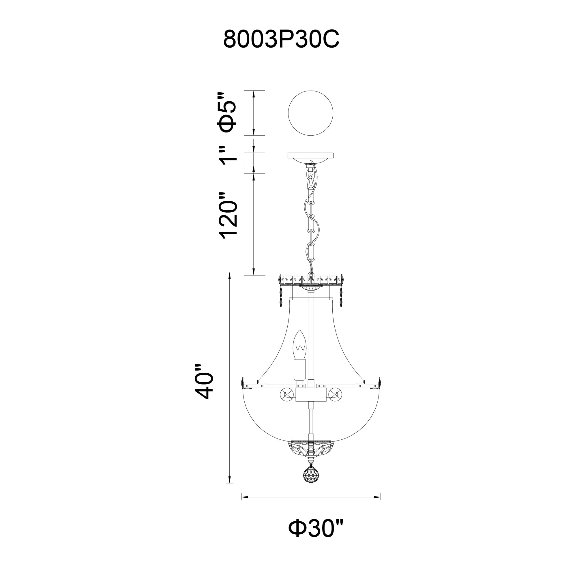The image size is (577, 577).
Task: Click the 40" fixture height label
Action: tap(203, 382)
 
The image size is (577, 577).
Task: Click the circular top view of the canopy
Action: tap(311, 113)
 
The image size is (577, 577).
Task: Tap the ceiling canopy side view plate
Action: tap(311, 156)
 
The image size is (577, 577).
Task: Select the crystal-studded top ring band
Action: tap(311, 280)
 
